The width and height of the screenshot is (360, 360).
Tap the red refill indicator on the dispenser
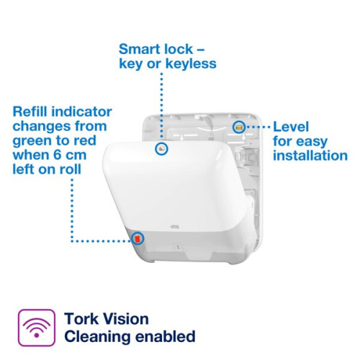tap(138, 239)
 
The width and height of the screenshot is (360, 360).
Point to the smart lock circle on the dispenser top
tap(162, 149)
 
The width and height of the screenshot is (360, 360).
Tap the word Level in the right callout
tap(292, 127)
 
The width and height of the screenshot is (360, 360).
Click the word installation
tap(310, 156)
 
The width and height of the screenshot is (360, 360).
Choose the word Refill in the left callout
tap(31, 112)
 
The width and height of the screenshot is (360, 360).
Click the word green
tap(33, 142)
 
